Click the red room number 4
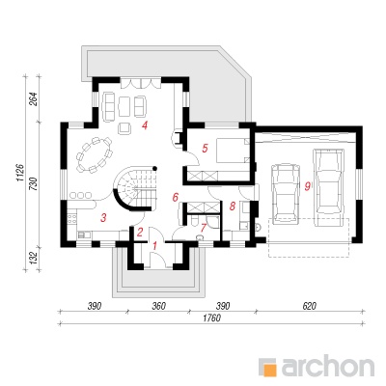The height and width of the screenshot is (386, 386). [x=145, y=125]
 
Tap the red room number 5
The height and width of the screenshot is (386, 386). [x=205, y=148]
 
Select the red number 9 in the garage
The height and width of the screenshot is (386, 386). [x=308, y=186]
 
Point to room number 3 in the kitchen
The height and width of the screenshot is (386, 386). [x=103, y=218]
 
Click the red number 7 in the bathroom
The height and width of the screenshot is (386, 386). [x=203, y=228]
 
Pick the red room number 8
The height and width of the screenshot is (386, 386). [x=233, y=206]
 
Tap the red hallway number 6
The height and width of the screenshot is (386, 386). [x=175, y=197]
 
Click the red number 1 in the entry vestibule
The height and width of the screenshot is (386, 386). [x=154, y=246]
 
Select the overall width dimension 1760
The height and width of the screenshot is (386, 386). [x=212, y=317]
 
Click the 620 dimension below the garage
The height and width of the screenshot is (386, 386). [x=310, y=306]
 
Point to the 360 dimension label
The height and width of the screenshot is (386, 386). [x=159, y=306]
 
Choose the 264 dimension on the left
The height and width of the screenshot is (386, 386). [x=35, y=99]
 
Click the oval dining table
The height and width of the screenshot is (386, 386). [x=95, y=154]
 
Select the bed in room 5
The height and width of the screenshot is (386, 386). [x=233, y=150]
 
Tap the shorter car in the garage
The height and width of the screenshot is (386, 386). [x=286, y=194]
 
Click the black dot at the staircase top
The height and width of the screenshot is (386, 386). [x=154, y=168]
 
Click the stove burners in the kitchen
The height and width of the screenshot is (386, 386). [x=72, y=219]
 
